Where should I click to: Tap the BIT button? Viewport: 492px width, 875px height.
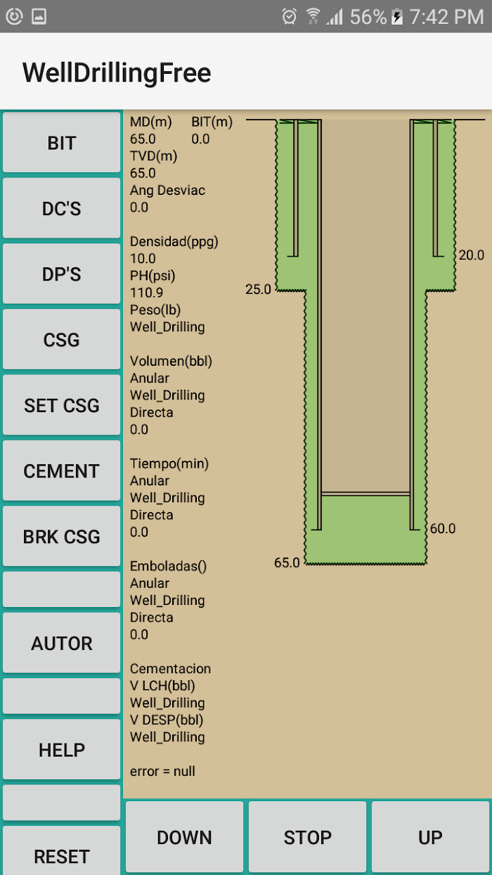pyautogui.click(x=61, y=142)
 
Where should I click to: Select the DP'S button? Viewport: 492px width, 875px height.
pyautogui.click(x=61, y=274)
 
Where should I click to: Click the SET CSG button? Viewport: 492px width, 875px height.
pyautogui.click(x=61, y=404)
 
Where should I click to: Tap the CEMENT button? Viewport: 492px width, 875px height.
pyautogui.click(x=61, y=471)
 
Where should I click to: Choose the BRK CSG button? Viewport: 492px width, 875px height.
pyautogui.click(x=61, y=536)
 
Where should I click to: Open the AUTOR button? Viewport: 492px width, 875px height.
pyautogui.click(x=61, y=643)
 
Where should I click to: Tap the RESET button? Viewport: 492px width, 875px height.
pyautogui.click(x=61, y=851)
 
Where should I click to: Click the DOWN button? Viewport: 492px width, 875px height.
pyautogui.click(x=184, y=837)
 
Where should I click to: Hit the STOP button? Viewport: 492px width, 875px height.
pyautogui.click(x=307, y=837)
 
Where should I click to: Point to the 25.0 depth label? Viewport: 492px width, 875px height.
pyautogui.click(x=258, y=289)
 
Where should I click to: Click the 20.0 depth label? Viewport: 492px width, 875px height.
pyautogui.click(x=472, y=255)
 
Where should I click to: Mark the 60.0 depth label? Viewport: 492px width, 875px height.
pyautogui.click(x=443, y=528)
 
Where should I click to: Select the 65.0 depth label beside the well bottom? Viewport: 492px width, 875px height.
pyautogui.click(x=287, y=563)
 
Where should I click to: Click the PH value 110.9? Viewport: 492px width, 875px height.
pyautogui.click(x=146, y=293)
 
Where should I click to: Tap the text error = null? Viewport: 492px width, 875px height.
pyautogui.click(x=162, y=771)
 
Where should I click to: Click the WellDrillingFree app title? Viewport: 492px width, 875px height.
pyautogui.click(x=117, y=72)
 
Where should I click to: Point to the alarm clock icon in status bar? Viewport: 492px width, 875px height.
pyautogui.click(x=290, y=16)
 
